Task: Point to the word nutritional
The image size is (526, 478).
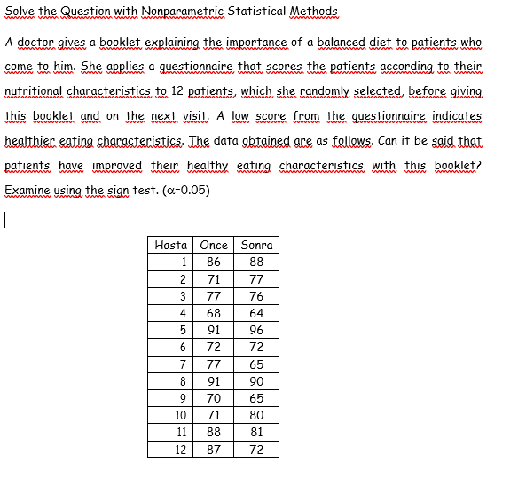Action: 34,91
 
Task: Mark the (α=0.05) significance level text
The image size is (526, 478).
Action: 181,190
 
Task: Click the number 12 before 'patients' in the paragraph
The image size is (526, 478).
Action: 178,91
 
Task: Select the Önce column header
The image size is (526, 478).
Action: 214,245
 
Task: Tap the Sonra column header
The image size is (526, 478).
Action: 256,245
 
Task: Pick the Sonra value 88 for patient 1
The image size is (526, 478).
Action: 256,262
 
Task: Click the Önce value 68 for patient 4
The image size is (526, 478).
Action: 214,313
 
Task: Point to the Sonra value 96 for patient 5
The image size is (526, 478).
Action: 256,330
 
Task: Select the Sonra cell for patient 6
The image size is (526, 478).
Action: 256,347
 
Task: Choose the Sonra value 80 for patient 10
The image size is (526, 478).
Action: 256,414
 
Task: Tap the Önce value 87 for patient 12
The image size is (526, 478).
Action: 214,449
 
